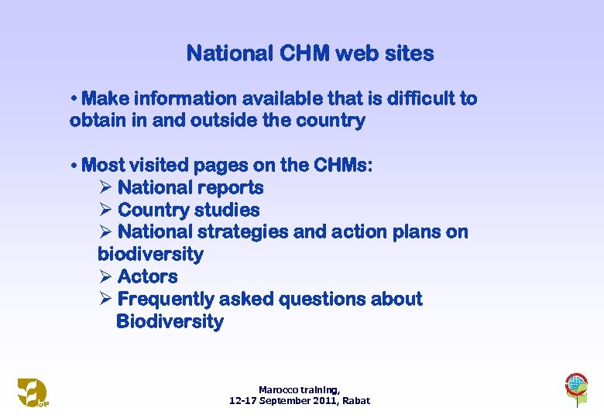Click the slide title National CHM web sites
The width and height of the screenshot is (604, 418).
click(x=310, y=53)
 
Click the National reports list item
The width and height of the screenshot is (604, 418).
click(x=190, y=187)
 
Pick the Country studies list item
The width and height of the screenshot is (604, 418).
click(x=188, y=210)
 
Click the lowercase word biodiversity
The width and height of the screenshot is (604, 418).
click(x=150, y=254)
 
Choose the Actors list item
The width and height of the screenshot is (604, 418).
click(x=147, y=276)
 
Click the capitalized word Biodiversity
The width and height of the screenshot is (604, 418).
click(x=170, y=321)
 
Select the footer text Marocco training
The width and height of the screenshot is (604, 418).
click(x=299, y=389)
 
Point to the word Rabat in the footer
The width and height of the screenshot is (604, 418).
click(x=356, y=401)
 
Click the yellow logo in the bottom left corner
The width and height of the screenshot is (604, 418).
click(x=32, y=391)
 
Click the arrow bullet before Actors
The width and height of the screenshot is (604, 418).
click(x=106, y=276)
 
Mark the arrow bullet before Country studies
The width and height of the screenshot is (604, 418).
click(x=106, y=210)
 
